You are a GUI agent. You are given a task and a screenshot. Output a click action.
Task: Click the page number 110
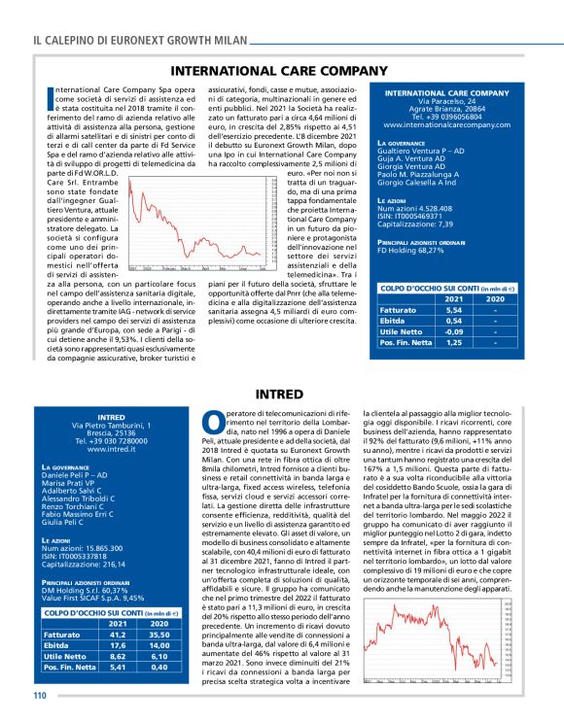40,695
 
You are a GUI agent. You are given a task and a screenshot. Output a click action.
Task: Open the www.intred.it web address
111,450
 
